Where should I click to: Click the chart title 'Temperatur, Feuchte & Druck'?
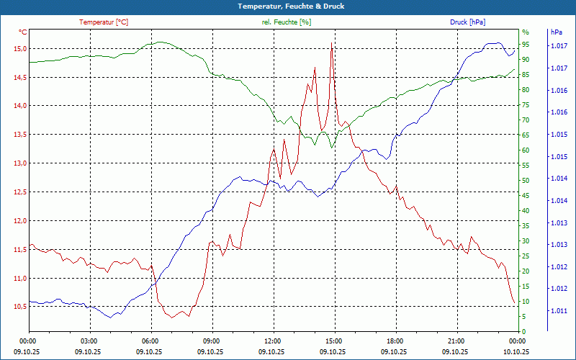click(288, 6)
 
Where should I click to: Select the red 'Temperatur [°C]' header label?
click(104, 22)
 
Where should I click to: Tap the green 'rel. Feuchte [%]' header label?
click(287, 22)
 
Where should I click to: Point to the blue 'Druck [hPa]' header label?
click(467, 22)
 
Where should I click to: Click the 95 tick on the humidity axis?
click(526, 45)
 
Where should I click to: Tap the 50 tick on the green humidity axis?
click(526, 181)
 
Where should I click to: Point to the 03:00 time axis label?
click(89, 341)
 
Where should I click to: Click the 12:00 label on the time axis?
click(273, 341)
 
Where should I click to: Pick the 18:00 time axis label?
click(395, 341)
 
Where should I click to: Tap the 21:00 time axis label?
click(456, 341)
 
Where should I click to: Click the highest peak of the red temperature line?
click(332, 43)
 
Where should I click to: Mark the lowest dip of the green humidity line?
click(332, 148)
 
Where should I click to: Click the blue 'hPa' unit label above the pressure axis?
click(556, 32)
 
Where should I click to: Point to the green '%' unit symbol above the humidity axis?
click(526, 32)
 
